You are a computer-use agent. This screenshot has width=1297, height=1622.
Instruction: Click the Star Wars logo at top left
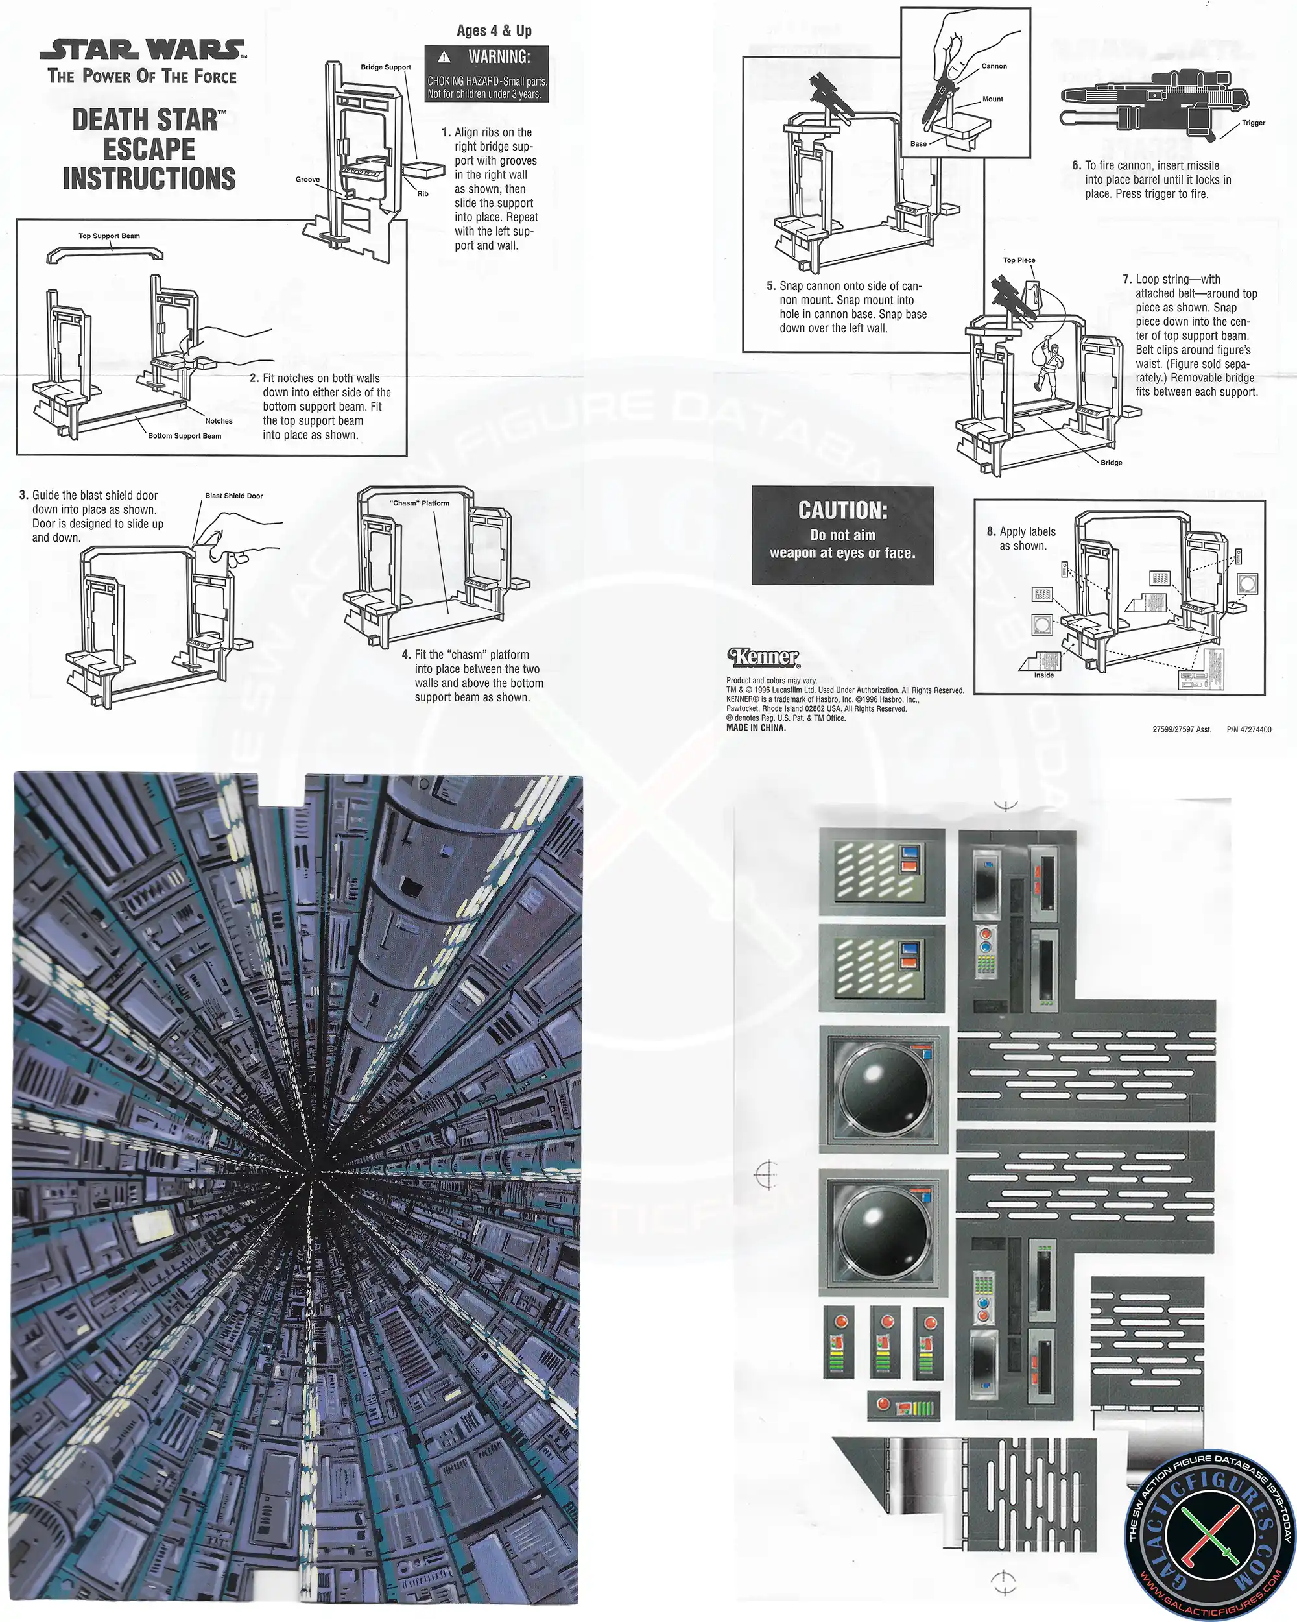tap(143, 51)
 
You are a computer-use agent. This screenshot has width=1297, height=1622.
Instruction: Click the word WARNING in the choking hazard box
tap(499, 57)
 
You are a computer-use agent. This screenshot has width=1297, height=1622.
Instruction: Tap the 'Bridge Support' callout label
tap(386, 67)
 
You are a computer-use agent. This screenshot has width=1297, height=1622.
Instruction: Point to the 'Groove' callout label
tap(307, 180)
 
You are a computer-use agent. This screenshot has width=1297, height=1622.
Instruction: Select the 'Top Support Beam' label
tap(109, 236)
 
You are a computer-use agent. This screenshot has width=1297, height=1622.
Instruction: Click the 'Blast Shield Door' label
tap(234, 496)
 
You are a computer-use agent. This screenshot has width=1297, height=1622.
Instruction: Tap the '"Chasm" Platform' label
tap(420, 503)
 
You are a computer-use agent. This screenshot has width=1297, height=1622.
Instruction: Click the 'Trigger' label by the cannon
tap(1254, 123)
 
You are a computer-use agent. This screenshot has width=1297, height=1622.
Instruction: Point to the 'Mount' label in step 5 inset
tap(992, 99)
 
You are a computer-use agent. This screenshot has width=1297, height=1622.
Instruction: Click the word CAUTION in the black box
tap(843, 511)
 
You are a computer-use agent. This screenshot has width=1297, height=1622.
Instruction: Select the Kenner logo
tap(763, 657)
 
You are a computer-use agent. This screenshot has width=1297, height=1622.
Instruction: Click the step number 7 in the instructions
tap(1127, 279)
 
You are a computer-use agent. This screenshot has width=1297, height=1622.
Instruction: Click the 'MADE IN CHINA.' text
tap(756, 728)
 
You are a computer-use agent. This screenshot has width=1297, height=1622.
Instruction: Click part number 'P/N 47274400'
tap(1249, 730)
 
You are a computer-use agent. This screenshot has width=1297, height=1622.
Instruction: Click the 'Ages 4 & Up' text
tap(494, 31)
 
